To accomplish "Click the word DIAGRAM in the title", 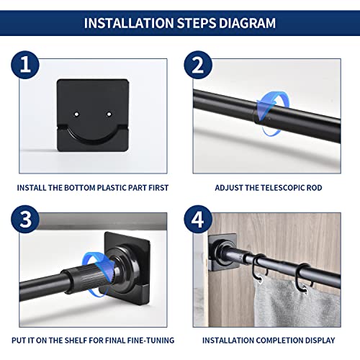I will pos(241,22).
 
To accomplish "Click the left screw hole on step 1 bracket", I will pos(77,112).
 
